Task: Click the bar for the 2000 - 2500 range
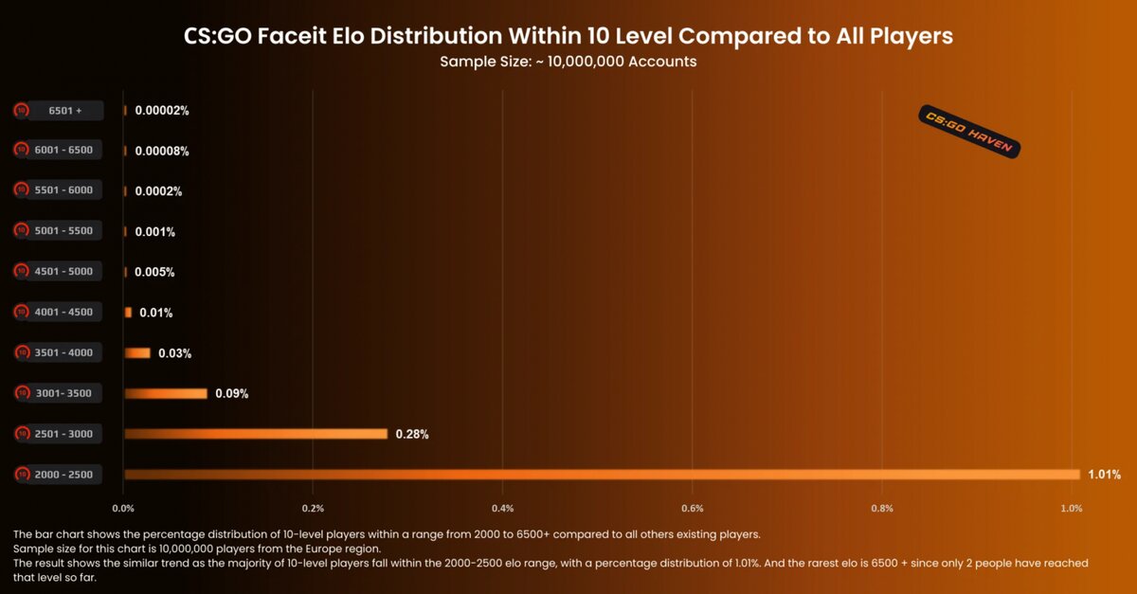click(602, 474)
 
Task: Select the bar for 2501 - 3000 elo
click(256, 434)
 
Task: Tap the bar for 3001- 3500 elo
click(166, 393)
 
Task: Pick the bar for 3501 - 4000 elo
click(137, 352)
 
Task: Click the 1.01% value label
click(1104, 474)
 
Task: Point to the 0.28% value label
click(412, 434)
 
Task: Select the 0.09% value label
click(231, 393)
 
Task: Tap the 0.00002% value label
click(162, 111)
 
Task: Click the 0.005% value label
click(154, 272)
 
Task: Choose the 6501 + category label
click(65, 111)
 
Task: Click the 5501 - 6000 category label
click(64, 190)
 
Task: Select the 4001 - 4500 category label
click(64, 312)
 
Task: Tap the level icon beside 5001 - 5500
click(21, 230)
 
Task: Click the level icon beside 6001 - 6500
click(21, 150)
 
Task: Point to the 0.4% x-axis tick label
click(503, 509)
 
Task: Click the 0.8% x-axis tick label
click(882, 509)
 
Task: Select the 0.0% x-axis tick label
click(123, 509)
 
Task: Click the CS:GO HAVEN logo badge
click(969, 131)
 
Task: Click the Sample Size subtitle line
click(568, 62)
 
